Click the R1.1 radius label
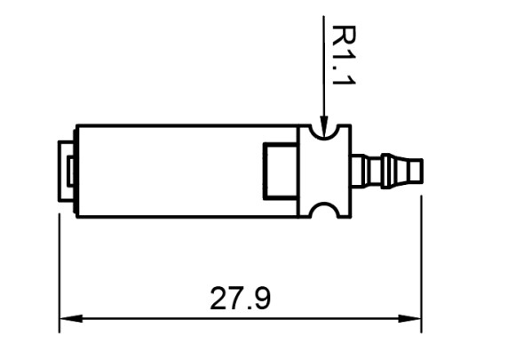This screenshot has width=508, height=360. (x=344, y=55)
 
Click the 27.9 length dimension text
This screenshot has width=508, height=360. (x=240, y=299)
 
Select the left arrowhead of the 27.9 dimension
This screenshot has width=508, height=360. (x=71, y=319)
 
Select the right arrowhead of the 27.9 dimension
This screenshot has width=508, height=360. (x=409, y=319)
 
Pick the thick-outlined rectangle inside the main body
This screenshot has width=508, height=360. (x=281, y=171)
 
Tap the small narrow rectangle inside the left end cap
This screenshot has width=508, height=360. (x=70, y=172)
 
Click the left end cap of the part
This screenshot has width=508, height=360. (x=67, y=171)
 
